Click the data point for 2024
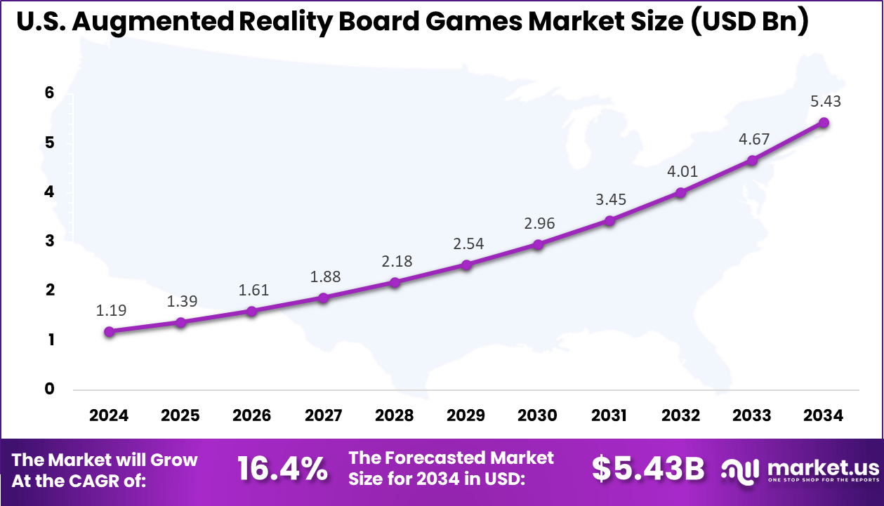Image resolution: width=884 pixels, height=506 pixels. [109, 332]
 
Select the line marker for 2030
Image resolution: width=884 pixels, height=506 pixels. [538, 245]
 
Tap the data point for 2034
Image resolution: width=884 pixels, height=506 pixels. [824, 123]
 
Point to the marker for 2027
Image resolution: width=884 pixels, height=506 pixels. [323, 298]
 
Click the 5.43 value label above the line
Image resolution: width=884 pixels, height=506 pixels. [825, 101]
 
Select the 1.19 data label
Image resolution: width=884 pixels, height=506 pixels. [111, 309]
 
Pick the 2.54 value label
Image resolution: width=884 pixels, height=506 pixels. [468, 244]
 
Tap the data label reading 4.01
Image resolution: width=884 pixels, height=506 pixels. [682, 171]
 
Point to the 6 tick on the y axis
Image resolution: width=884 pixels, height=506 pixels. [50, 93]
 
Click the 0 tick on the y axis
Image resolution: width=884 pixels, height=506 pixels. [50, 389]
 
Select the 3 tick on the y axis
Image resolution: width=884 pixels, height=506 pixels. [50, 241]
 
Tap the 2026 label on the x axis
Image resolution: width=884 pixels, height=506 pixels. [251, 415]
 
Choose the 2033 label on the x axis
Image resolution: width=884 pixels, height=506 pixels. [751, 415]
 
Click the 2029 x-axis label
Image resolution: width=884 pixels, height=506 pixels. [466, 415]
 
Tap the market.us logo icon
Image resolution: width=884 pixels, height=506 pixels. [742, 470]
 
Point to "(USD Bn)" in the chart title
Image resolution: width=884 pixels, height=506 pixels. [748, 22]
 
